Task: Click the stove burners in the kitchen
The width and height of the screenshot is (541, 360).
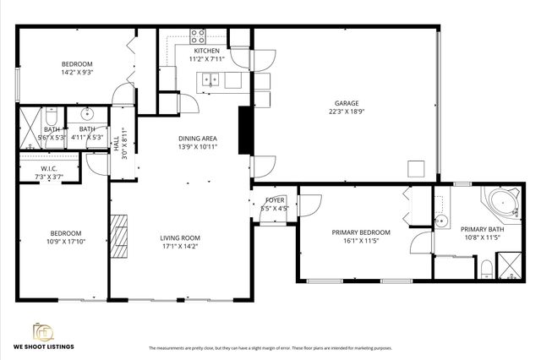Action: [198, 35]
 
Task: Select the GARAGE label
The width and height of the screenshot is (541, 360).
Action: [344, 102]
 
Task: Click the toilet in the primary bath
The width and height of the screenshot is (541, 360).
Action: [486, 270]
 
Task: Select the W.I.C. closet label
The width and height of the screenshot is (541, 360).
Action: [25, 168]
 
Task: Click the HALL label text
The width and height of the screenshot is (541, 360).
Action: [117, 144]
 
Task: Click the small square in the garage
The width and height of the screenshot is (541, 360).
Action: [414, 168]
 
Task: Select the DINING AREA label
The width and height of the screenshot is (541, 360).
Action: [197, 138]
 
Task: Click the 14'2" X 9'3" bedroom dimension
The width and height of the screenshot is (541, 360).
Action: [77, 74]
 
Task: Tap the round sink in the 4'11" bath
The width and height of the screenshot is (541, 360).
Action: [87, 113]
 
